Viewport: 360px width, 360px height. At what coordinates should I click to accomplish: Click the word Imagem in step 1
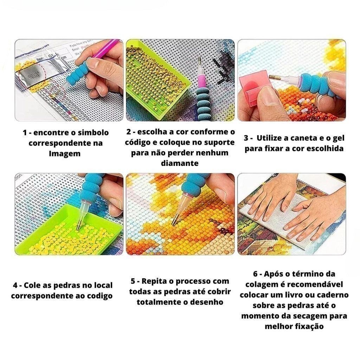[65, 154]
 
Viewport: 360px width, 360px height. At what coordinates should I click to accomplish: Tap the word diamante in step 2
[180, 163]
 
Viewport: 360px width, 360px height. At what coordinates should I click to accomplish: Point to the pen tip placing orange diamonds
[174, 220]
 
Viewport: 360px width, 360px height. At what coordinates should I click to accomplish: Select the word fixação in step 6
[306, 327]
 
